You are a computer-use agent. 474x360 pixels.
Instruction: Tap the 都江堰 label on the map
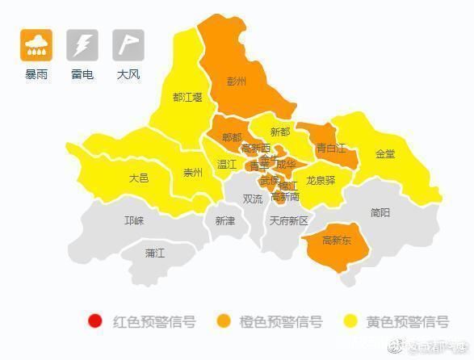tap(187, 97)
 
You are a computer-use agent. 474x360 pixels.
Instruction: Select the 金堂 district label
tap(385, 153)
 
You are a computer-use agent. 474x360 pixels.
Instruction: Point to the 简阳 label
tap(380, 212)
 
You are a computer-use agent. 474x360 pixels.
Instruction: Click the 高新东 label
tap(336, 240)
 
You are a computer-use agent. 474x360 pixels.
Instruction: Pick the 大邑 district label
tap(139, 178)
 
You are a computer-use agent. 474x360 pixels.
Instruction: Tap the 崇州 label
tap(193, 172)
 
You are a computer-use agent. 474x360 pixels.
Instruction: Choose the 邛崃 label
tap(134, 220)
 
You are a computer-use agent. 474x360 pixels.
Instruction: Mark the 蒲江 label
tap(155, 253)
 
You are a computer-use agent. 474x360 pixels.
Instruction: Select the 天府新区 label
tap(289, 220)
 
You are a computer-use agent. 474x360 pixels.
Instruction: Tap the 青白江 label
tap(330, 148)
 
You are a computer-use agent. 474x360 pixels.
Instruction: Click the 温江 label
tap(227, 164)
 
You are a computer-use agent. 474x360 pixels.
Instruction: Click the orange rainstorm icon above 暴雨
tap(36, 45)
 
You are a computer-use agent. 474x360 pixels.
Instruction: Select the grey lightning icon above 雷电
tap(82, 45)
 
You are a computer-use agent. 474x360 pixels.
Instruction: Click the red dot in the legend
tap(94, 322)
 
